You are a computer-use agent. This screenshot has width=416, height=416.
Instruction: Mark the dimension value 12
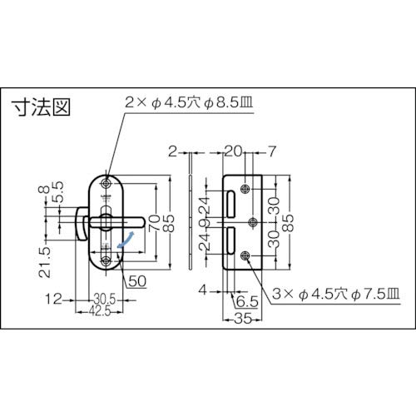click(52, 297)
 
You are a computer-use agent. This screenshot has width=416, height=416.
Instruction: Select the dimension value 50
click(137, 280)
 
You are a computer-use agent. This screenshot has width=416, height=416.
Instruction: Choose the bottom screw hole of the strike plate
click(248, 256)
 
